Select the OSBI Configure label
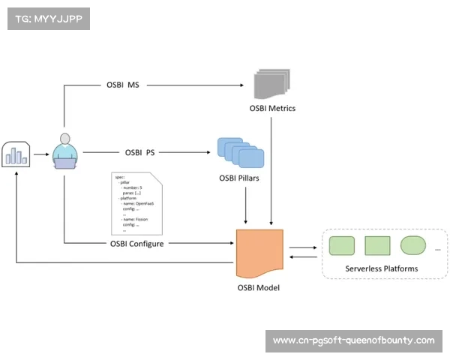136,243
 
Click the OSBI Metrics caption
272,108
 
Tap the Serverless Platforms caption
381,268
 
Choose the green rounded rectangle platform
342,245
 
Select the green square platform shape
377,245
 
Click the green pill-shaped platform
413,245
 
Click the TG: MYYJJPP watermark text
48,19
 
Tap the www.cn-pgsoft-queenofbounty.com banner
353,340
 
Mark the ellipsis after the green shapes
438,247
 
